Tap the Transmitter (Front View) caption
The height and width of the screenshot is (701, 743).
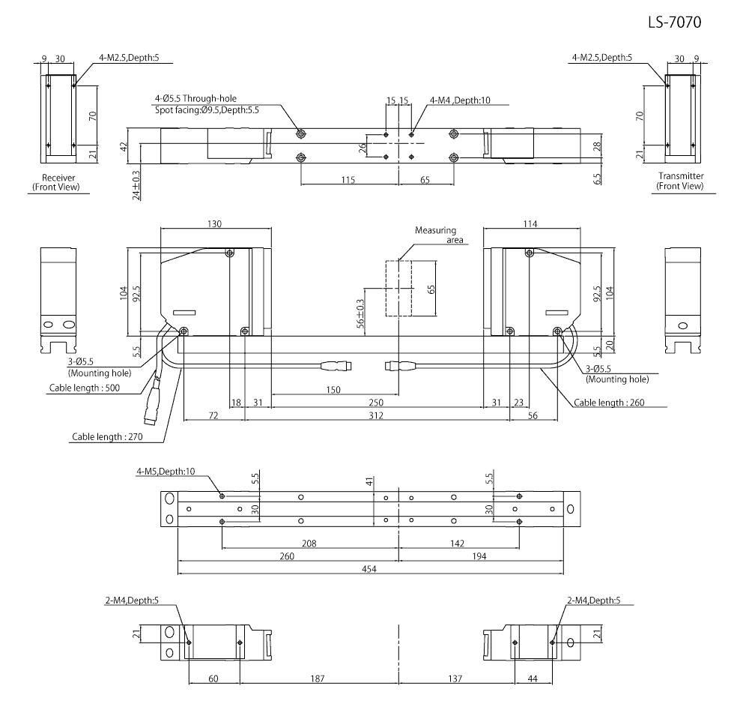point(679,181)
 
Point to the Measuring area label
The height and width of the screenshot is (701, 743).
point(435,235)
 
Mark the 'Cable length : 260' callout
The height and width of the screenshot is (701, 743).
point(609,403)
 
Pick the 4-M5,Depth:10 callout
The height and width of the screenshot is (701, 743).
point(166,471)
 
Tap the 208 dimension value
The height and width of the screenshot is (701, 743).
point(309,542)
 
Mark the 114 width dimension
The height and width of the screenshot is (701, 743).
point(531,223)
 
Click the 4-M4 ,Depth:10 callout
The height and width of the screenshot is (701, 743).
point(460,100)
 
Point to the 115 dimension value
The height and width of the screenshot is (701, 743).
point(346,180)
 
